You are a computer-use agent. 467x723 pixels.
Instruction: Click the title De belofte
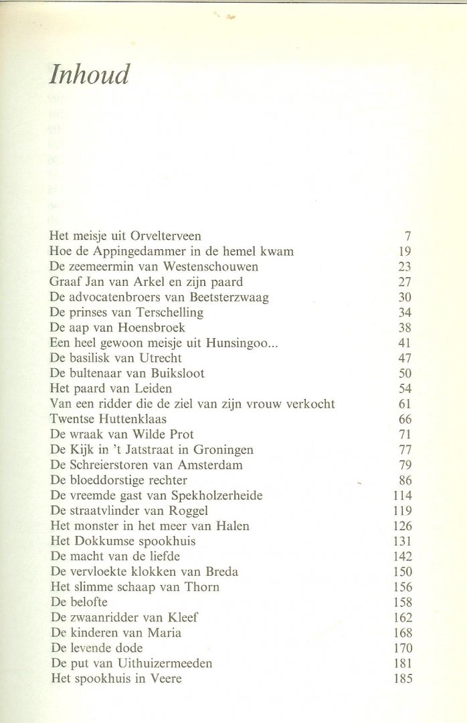tap(82, 600)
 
